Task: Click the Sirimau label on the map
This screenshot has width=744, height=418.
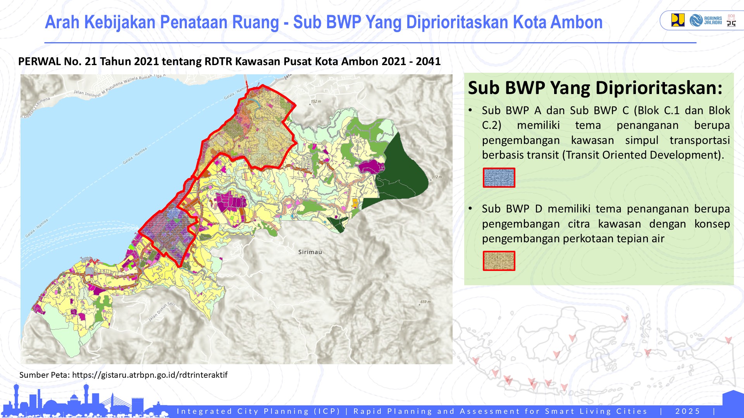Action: tap(310, 252)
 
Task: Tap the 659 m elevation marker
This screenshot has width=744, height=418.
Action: tap(425, 302)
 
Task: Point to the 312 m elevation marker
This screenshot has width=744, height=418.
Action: tap(436, 177)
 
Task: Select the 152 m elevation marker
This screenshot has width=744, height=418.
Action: tap(315, 102)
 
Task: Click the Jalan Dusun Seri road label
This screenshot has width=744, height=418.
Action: tap(162, 312)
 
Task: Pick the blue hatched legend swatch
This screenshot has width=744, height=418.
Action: tap(499, 178)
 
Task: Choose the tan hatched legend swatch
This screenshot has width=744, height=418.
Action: tap(499, 261)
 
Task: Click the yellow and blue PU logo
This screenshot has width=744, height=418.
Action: tap(678, 20)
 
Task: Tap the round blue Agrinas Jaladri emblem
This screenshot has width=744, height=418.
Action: tap(696, 20)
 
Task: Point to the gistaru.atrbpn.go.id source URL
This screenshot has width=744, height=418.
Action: tap(150, 375)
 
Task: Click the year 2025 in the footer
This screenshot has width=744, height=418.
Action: tap(687, 411)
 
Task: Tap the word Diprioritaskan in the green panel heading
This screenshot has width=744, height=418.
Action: tap(659, 88)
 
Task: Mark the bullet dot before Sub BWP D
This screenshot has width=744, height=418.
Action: tap(470, 209)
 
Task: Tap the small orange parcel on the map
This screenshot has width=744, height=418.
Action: tap(355, 202)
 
